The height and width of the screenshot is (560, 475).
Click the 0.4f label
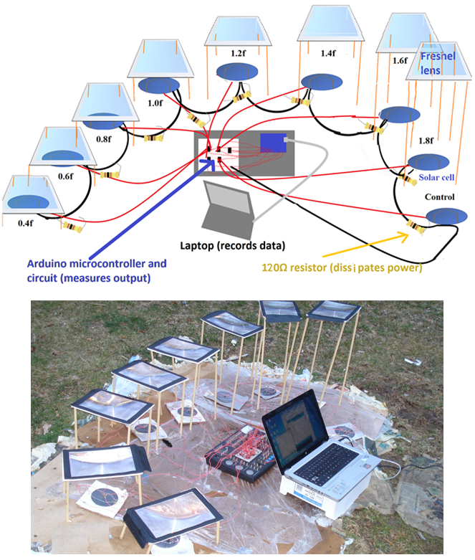tap(26, 223)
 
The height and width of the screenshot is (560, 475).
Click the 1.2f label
tap(239, 52)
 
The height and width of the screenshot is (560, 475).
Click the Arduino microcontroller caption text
tap(97, 268)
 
